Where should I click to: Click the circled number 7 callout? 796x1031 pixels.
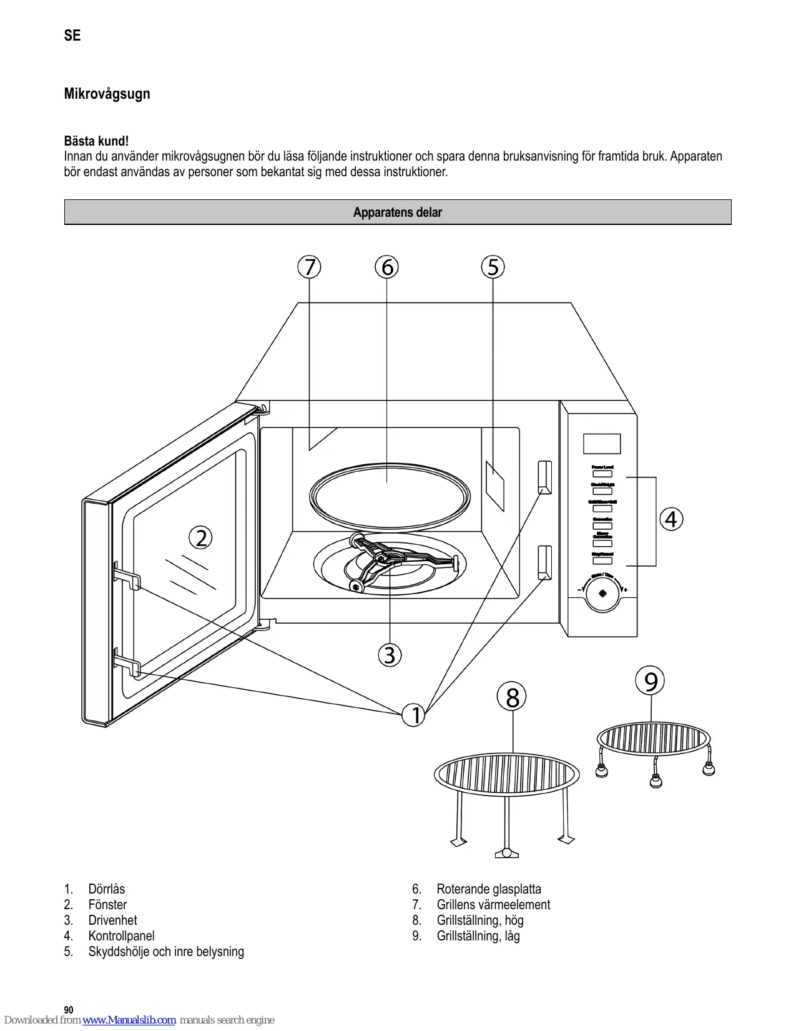[x=309, y=267]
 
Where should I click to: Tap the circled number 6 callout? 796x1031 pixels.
[x=387, y=267]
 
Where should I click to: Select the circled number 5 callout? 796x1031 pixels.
[x=493, y=267]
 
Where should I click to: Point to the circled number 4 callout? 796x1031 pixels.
[x=671, y=519]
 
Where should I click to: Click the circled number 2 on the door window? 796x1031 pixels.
[x=201, y=537]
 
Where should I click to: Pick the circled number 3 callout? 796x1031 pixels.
[x=390, y=655]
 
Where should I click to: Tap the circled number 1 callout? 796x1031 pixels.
[x=414, y=715]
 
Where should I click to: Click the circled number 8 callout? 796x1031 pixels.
[x=512, y=697]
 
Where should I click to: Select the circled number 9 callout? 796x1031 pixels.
[x=651, y=681]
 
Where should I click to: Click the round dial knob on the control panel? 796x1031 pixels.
[x=602, y=594]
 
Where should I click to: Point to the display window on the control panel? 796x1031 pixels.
[x=602, y=444]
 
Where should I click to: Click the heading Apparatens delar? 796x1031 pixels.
[x=398, y=212]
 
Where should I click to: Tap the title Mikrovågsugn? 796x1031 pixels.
[x=107, y=94]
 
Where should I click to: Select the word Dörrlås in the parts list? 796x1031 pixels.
[x=107, y=889]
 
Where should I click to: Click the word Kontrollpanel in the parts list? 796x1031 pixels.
[x=122, y=935]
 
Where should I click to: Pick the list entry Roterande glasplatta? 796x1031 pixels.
[x=489, y=889]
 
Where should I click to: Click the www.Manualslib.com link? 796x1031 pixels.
[x=129, y=1020]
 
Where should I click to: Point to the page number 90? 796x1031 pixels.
[x=69, y=1010]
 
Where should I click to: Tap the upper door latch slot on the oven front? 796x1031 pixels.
[x=544, y=477]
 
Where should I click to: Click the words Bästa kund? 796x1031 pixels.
[x=97, y=141]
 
